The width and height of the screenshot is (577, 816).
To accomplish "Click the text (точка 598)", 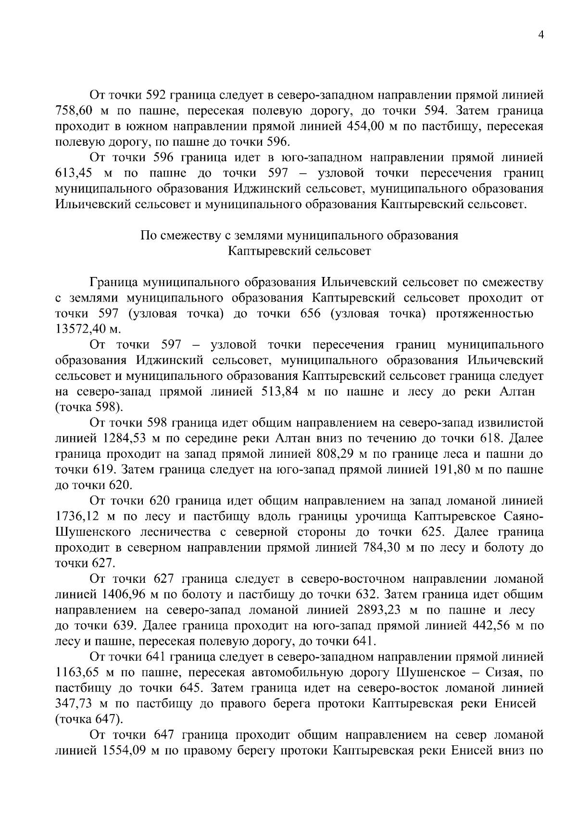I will click(89, 407).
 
